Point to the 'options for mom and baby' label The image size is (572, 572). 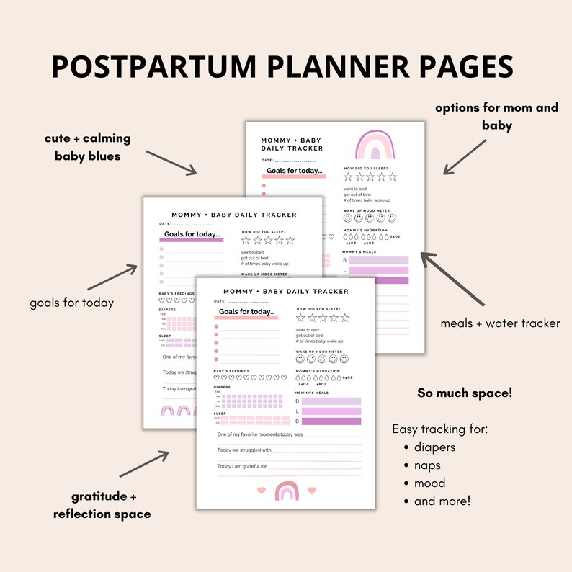point(496,116)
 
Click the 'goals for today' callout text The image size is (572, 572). point(71,303)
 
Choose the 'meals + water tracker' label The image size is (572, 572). point(500,323)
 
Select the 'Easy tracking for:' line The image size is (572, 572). point(440,429)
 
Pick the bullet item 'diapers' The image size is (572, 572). point(434,447)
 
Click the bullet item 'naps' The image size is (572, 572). point(428,465)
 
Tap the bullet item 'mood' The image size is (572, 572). point(429,483)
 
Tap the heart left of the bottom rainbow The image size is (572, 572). point(260,491)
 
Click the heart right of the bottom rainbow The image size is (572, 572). point(311,491)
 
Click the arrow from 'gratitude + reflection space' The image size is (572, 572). point(144,464)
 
